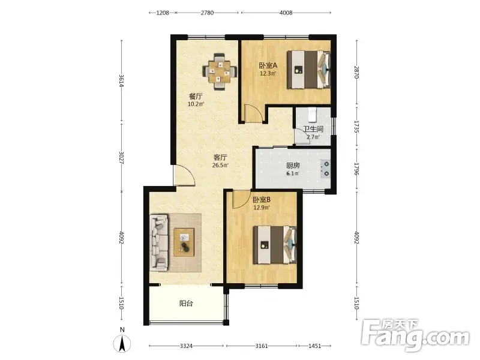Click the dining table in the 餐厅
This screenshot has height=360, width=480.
(220, 72)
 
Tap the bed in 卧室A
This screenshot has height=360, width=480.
(309, 70)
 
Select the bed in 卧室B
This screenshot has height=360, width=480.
(275, 245)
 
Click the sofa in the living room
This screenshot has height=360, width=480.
(159, 242)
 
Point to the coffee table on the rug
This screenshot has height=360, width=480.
(184, 242)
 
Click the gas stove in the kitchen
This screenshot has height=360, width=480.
(325, 169)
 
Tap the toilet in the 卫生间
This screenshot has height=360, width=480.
(312, 115)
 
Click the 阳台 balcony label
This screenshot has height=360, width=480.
(186, 304)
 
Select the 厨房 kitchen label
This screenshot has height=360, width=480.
(293, 166)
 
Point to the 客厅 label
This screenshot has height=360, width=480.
(220, 158)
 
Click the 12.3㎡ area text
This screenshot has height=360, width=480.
(268, 73)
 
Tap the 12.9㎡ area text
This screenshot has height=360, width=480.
(262, 208)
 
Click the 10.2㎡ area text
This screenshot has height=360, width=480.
(196, 104)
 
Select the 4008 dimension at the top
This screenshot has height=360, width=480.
(286, 13)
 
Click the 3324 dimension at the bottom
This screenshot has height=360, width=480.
(186, 346)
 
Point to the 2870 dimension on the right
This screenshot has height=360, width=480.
(356, 72)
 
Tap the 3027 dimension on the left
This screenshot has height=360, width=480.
(122, 158)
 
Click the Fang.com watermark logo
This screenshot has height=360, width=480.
(415, 335)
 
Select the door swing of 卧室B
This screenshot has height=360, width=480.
(241, 199)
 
